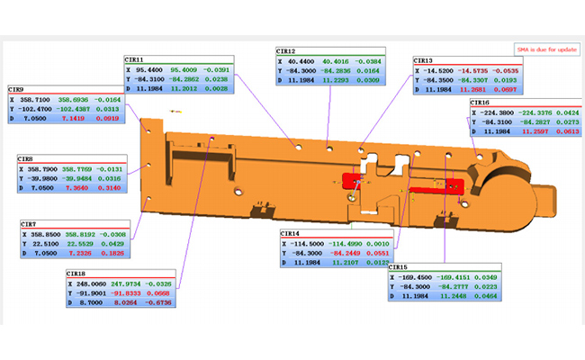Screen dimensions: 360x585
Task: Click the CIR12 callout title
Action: (x=287, y=51)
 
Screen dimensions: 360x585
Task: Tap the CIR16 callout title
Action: (x=481, y=103)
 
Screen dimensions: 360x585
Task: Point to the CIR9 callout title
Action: (x=17, y=89)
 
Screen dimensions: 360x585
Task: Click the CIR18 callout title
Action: (x=77, y=274)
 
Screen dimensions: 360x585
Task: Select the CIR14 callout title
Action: (x=292, y=233)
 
